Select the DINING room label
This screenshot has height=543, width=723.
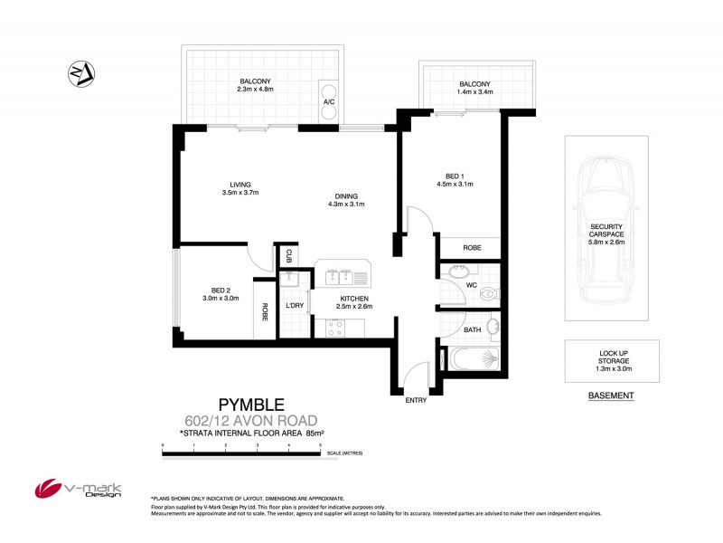pos(346,196)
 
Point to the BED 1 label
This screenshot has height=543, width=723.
pos(455,176)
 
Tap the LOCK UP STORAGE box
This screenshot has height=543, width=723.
pos(612,360)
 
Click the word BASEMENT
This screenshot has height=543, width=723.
pos(611,396)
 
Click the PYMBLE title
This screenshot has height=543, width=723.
pos(252,405)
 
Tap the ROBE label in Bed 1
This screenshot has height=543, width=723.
pos(471,247)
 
